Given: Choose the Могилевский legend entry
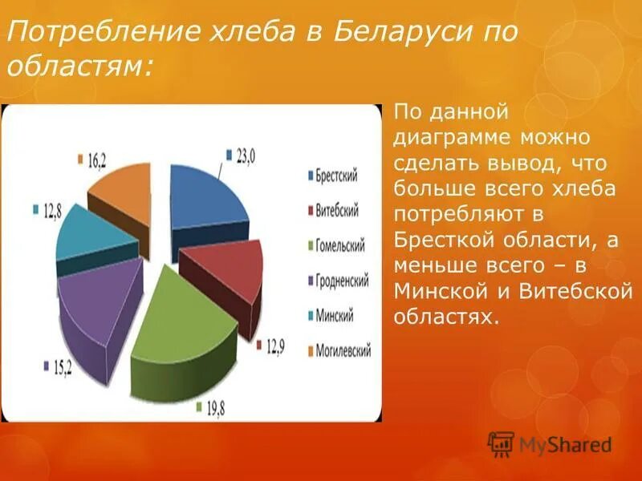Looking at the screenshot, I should pos(339,351).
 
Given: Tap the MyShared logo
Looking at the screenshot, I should pos(550,444).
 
